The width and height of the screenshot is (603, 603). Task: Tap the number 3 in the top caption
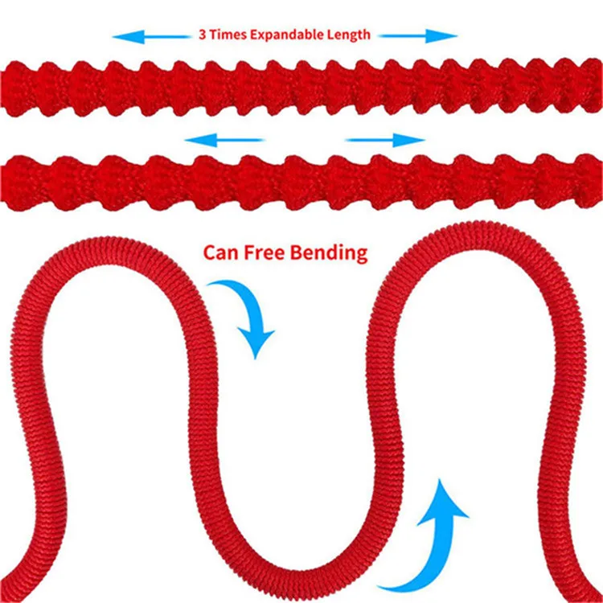coord(201,35)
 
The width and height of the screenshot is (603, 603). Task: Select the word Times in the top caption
coord(226,35)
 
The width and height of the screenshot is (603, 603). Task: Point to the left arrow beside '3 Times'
coord(153,36)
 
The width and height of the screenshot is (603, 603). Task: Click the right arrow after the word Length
coord(417,36)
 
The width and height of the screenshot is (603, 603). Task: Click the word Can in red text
coord(219,253)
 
